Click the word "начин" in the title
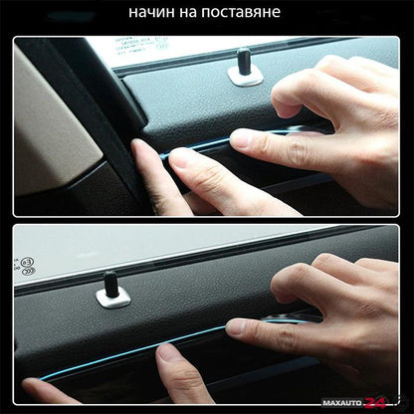[151, 12]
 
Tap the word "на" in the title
[188, 13]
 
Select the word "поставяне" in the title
[242, 13]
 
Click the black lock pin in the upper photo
[243, 61]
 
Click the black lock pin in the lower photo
[110, 283]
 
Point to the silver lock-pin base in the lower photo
[112, 298]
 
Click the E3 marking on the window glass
[27, 262]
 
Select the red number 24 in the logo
[375, 403]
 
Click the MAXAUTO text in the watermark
[342, 403]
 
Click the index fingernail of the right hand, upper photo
[238, 138]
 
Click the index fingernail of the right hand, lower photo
[235, 326]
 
